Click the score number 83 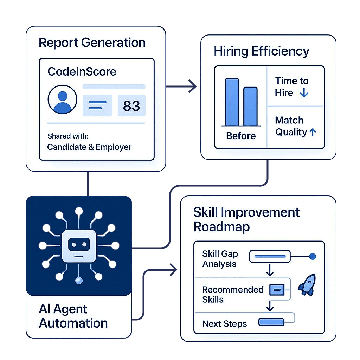(131, 106)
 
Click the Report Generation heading (92, 43)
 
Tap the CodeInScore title (82, 72)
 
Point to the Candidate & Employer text (89, 147)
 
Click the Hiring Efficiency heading (261, 51)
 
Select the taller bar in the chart (232, 102)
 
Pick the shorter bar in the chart (250, 106)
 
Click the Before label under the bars (241, 136)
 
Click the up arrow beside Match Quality (312, 132)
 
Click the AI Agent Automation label (73, 316)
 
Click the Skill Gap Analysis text (220, 259)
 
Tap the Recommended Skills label (233, 295)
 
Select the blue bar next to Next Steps (271, 322)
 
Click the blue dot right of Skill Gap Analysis (312, 257)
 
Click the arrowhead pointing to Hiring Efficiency (193, 86)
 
